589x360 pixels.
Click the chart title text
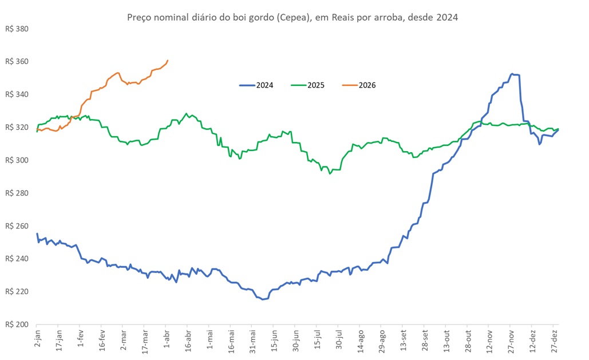pos(292,18)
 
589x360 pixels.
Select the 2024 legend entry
pos(256,85)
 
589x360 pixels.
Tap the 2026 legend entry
pos(359,85)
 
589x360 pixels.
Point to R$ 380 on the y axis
pos(16,29)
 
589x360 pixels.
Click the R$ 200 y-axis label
pos(16,325)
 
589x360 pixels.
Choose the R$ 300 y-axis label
pos(16,160)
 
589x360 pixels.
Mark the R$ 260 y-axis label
pos(16,226)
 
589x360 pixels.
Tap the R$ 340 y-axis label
pos(16,94)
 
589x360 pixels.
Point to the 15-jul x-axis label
pos(317,341)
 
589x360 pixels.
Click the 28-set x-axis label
pos(424,341)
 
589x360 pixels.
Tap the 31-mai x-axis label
pos(252,341)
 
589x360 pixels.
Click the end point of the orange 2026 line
pos(168,60)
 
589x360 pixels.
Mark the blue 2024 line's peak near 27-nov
pos(512,74)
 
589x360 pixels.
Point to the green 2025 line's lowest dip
pos(330,173)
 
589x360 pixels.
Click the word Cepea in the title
pos(290,18)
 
